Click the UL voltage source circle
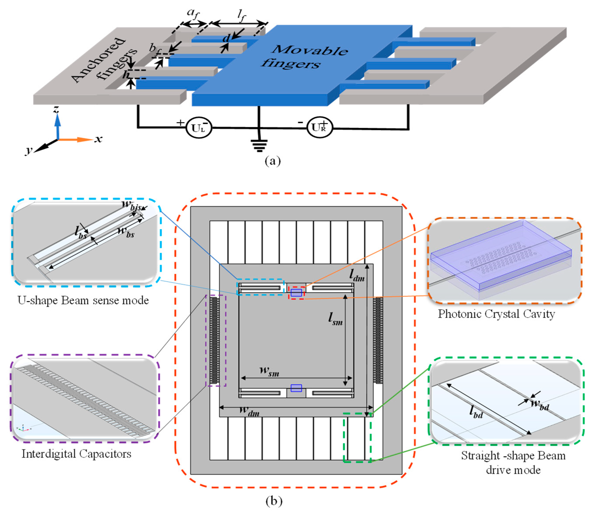pyautogui.click(x=199, y=128)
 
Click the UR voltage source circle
pyautogui.click(x=320, y=127)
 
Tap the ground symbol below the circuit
pyautogui.click(x=259, y=146)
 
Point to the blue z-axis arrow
pyautogui.click(x=58, y=126)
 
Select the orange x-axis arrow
pyautogui.click(x=76, y=140)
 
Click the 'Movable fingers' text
pyautogui.click(x=305, y=57)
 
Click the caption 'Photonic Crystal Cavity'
pyautogui.click(x=496, y=314)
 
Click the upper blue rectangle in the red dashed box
pyautogui.click(x=296, y=293)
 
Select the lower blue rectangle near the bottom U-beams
pyautogui.click(x=296, y=388)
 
